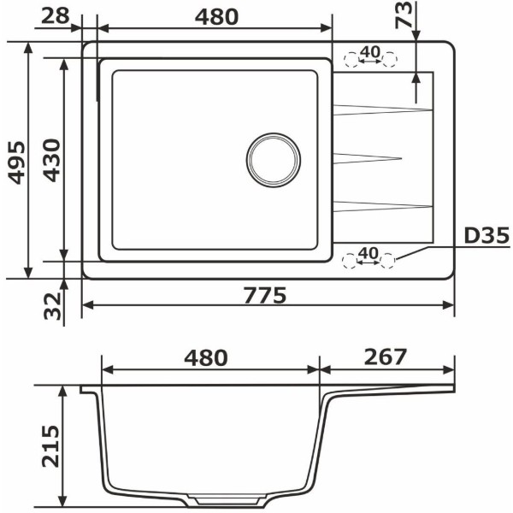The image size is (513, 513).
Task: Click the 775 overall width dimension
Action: (265, 295)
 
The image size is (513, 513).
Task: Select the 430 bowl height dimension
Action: (52, 161)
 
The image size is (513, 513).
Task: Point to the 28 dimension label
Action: (56, 15)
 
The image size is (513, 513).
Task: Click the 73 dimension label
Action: (404, 15)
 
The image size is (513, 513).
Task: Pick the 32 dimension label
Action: (53, 306)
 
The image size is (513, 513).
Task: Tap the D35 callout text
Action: (486, 236)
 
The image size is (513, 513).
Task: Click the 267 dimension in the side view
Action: (385, 357)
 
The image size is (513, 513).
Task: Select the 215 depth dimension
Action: (50, 446)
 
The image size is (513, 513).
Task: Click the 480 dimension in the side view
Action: (206, 357)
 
